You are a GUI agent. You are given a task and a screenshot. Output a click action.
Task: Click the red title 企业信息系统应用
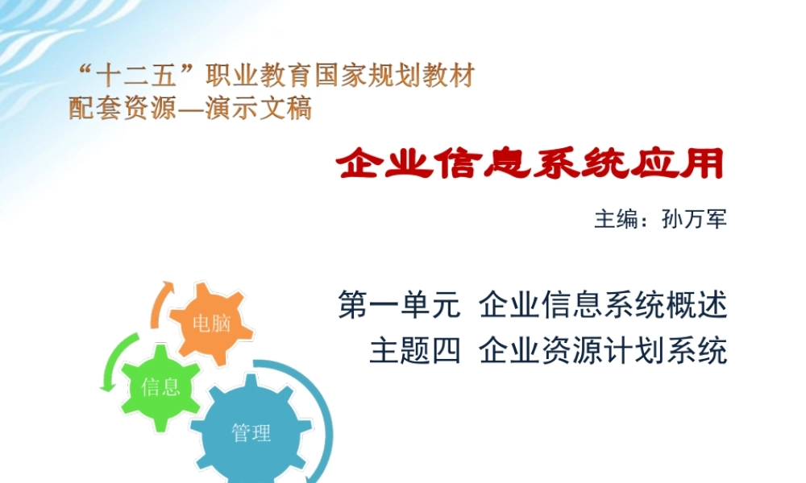tap(530, 166)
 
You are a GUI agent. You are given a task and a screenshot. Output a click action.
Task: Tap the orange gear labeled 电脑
tap(211, 324)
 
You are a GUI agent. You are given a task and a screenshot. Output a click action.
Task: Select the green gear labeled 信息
tap(160, 386)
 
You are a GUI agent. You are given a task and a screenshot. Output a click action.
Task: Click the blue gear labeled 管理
tap(251, 433)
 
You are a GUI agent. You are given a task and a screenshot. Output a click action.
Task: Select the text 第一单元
tap(399, 307)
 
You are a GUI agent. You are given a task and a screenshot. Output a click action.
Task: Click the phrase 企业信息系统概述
tap(603, 307)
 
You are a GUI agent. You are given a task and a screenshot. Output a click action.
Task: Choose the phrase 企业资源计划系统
tap(603, 352)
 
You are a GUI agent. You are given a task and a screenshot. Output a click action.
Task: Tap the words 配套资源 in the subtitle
tap(121, 108)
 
